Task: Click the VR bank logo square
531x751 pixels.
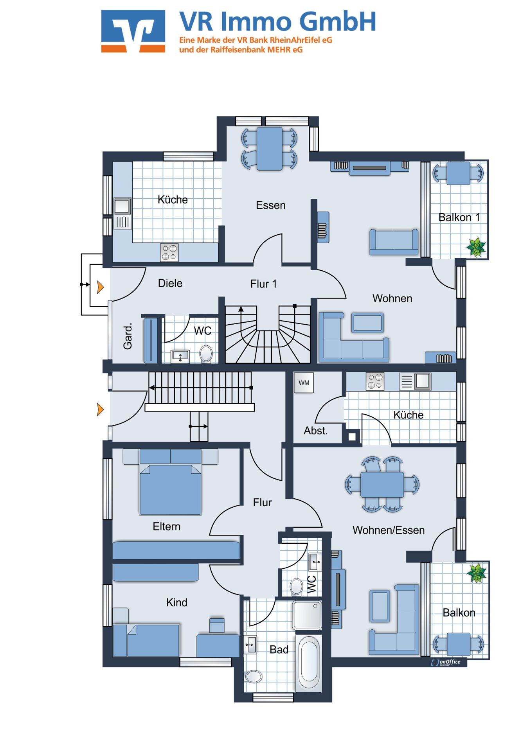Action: tap(133, 31)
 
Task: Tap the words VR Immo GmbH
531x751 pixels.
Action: tap(278, 22)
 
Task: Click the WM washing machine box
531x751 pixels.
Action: tap(304, 383)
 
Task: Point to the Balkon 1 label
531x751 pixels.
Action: tap(459, 217)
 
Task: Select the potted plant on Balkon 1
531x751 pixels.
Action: tap(476, 247)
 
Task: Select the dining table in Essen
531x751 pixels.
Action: tap(270, 149)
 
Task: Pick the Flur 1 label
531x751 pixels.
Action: tap(263, 284)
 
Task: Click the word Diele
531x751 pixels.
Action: tap(170, 283)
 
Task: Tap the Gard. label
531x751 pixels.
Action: tap(128, 336)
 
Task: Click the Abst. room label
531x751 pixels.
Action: tap(316, 431)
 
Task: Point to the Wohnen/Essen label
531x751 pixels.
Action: tap(389, 530)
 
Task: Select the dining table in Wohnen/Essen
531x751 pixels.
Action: tap(382, 485)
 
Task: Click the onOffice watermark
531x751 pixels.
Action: tap(446, 662)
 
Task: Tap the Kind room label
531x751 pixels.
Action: tap(176, 602)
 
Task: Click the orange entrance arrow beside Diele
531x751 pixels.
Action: tap(100, 287)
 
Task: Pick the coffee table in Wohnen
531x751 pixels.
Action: tap(367, 323)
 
